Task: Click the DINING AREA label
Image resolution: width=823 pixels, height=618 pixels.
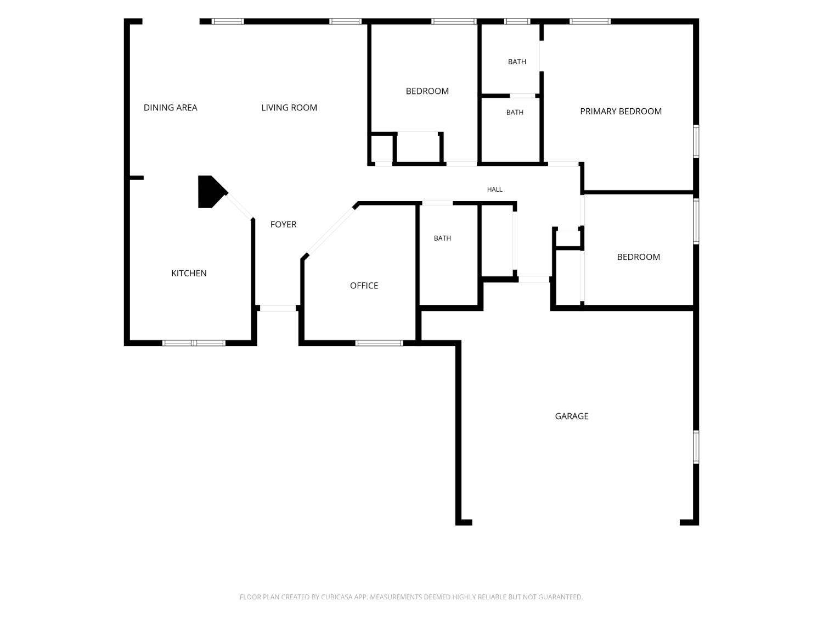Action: (170, 108)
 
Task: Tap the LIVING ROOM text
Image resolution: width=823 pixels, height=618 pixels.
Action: (289, 108)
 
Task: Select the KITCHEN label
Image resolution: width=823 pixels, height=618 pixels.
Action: (189, 273)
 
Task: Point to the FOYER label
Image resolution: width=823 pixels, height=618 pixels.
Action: (283, 224)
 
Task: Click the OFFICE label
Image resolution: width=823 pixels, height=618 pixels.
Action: (364, 286)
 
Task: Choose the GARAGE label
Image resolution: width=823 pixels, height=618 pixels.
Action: (571, 416)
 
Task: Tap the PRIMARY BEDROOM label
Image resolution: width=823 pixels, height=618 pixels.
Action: (621, 112)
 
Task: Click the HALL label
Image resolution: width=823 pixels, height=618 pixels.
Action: (494, 190)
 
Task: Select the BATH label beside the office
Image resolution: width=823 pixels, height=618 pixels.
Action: (442, 238)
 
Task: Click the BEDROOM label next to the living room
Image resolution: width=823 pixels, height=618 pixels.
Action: (427, 91)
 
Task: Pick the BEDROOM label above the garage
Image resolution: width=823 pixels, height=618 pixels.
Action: (638, 257)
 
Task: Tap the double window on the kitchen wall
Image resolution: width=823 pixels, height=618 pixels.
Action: (194, 343)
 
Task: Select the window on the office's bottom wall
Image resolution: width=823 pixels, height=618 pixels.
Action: (379, 343)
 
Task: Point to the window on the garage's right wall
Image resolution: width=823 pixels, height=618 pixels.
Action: (696, 447)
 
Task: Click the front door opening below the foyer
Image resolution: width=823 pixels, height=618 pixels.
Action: (278, 308)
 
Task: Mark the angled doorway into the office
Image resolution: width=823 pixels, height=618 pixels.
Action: (330, 231)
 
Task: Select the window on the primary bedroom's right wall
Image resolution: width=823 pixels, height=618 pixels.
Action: (696, 142)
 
